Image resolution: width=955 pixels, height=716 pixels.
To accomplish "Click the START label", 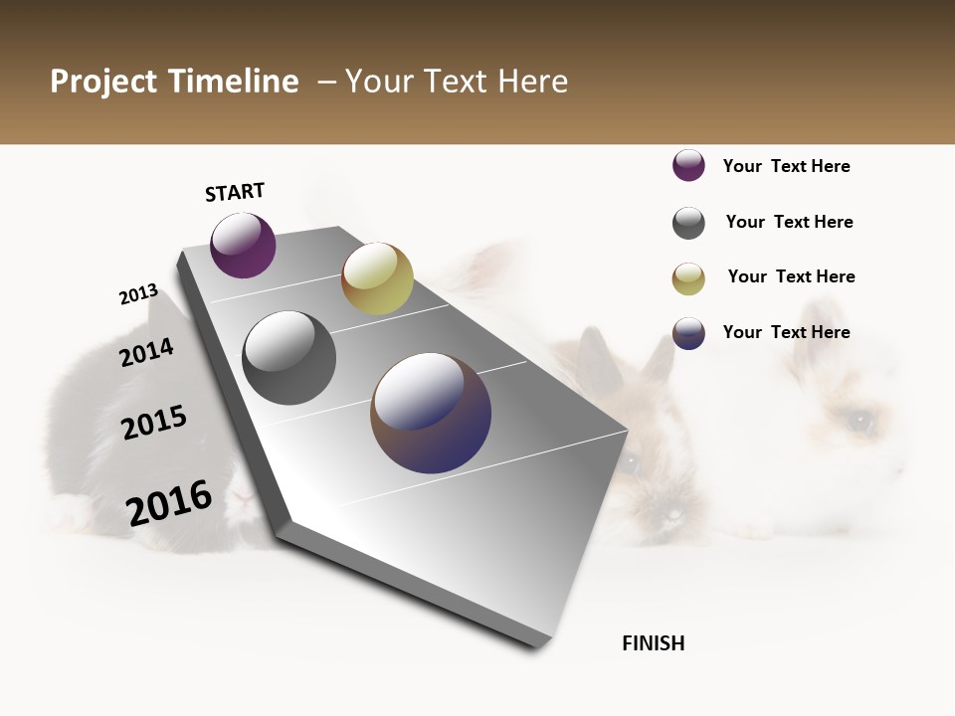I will (235, 192).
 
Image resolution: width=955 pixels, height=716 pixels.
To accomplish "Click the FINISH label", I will (653, 643).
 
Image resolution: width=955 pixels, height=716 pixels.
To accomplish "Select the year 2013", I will (138, 294).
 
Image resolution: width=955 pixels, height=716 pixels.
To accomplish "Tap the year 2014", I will (146, 352).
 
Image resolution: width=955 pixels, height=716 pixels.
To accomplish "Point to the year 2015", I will (154, 423).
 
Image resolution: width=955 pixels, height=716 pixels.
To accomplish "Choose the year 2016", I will (169, 503).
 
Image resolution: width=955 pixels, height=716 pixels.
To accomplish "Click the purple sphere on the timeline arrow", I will (243, 245).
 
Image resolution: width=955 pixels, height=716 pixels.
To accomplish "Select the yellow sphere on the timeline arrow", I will (377, 278).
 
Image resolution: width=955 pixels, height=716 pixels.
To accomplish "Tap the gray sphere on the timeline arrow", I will (288, 358).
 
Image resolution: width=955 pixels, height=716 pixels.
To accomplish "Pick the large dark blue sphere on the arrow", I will (431, 413).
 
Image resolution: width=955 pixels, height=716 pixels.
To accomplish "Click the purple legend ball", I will (688, 165).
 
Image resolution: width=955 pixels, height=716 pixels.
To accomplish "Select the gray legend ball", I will (688, 223).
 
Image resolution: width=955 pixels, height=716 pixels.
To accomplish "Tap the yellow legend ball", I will (688, 278).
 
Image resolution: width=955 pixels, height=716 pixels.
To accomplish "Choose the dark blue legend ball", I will (688, 333).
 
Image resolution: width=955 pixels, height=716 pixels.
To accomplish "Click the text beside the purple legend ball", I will (786, 166).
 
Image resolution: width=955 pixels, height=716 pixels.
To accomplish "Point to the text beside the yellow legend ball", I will (791, 276).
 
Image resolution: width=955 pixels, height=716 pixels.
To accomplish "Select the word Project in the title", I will (102, 82).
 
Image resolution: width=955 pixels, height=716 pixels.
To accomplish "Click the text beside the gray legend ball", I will (789, 222).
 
